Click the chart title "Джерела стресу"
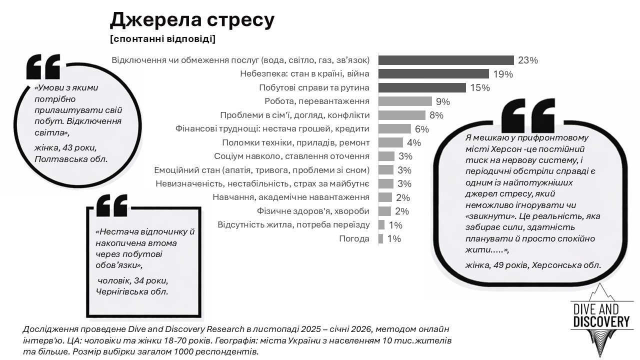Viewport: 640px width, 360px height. tap(192, 19)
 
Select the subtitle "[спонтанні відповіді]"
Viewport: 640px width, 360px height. tap(162, 39)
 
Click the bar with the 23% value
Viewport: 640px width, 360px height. tap(445, 60)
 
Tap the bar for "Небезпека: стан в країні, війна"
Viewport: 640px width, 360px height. tap(433, 74)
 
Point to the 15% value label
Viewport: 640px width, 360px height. tap(479, 88)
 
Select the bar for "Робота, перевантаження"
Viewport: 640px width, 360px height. tap(404, 101)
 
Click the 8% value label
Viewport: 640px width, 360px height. tap(436, 115)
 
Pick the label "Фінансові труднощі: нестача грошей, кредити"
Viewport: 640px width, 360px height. tap(272, 128)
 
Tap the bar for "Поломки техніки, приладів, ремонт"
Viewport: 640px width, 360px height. tap(390, 142)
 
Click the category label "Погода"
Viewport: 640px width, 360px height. tap(354, 239)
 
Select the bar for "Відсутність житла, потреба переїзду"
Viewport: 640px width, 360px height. tap(381, 225)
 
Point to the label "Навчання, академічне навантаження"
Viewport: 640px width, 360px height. tap(291, 197)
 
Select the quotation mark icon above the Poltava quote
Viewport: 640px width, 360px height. tap(43, 67)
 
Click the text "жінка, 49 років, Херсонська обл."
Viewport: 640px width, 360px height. tap(533, 265)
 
